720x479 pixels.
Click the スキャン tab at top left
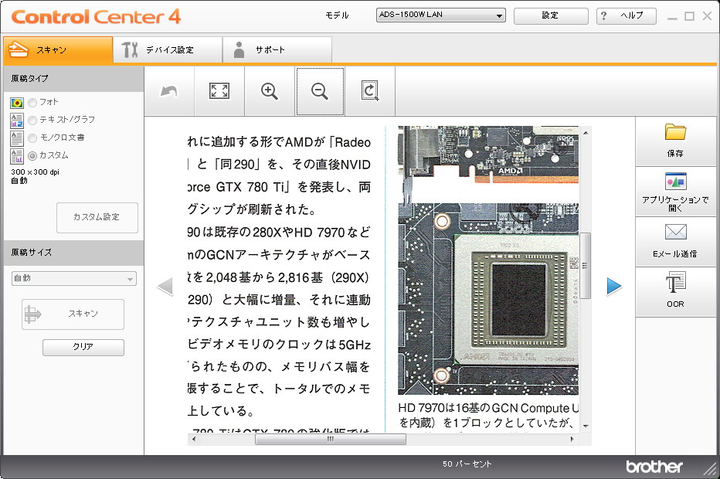coord(58,50)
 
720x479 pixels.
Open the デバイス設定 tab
coord(168,50)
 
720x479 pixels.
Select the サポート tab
coord(277,50)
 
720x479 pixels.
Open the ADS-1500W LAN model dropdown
coord(440,15)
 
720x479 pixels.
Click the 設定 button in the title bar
coord(550,15)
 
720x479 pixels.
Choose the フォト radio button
coord(32,102)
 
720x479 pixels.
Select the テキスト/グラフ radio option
coord(32,120)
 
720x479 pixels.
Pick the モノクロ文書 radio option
coord(32,138)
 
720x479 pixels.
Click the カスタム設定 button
coord(97,217)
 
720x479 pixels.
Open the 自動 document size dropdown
coord(74,278)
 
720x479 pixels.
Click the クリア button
coord(83,347)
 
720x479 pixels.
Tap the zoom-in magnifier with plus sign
coord(270,91)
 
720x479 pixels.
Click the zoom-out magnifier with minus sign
coord(320,91)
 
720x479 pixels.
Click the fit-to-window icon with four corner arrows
coord(219,91)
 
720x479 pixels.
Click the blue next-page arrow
coord(614,287)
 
